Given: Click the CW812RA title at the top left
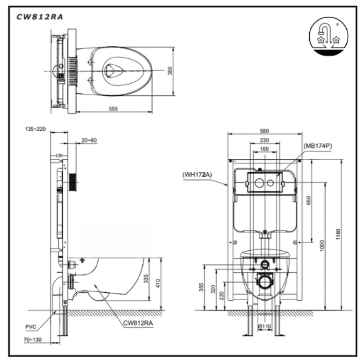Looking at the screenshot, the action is pyautogui.click(x=40, y=17).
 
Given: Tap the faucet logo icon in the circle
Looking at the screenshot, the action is pyautogui.click(x=328, y=36).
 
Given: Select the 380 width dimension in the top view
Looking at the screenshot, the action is pyautogui.click(x=170, y=71).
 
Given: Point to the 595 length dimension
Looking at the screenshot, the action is pyautogui.click(x=113, y=109).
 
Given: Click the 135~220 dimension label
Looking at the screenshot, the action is pyautogui.click(x=35, y=129).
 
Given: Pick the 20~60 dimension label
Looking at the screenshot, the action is pyautogui.click(x=89, y=141).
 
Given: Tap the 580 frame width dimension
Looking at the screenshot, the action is pyautogui.click(x=264, y=131).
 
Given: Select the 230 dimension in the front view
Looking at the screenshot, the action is pyautogui.click(x=264, y=141).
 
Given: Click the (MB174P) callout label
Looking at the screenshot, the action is pyautogui.click(x=318, y=146).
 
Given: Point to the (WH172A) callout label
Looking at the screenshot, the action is pyautogui.click(x=197, y=175).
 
